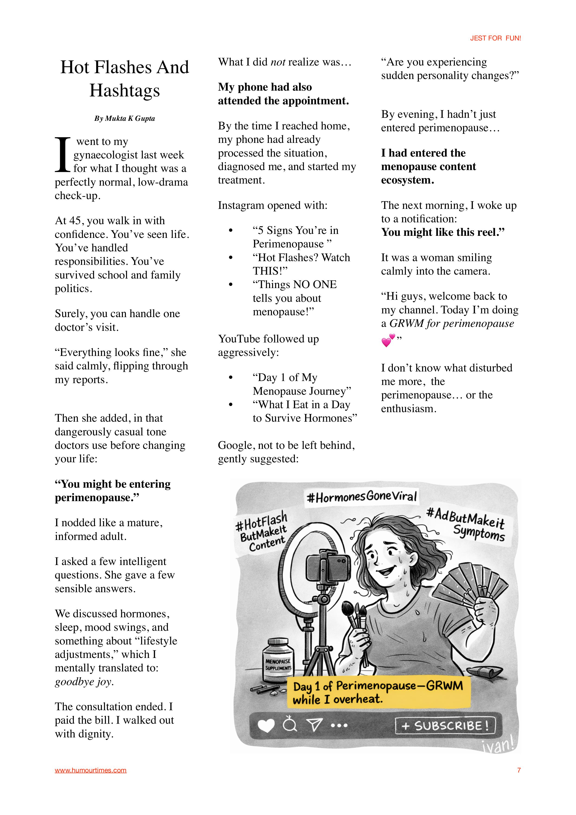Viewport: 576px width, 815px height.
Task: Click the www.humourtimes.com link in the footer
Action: pos(91,770)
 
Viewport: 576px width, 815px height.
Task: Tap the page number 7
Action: pos(519,770)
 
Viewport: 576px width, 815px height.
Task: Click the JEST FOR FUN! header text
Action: pos(495,38)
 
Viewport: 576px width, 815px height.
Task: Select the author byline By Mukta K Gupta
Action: pos(124,118)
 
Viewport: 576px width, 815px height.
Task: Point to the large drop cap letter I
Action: pos(63,154)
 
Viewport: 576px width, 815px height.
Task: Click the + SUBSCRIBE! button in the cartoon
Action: pos(445,726)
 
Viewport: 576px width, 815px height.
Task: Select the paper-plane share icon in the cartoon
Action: pos(314,725)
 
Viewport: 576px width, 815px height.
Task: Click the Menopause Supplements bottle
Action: pos(278,661)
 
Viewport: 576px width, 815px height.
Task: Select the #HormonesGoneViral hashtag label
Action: pos(361,496)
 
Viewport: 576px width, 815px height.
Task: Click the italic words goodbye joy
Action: pos(84,682)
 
